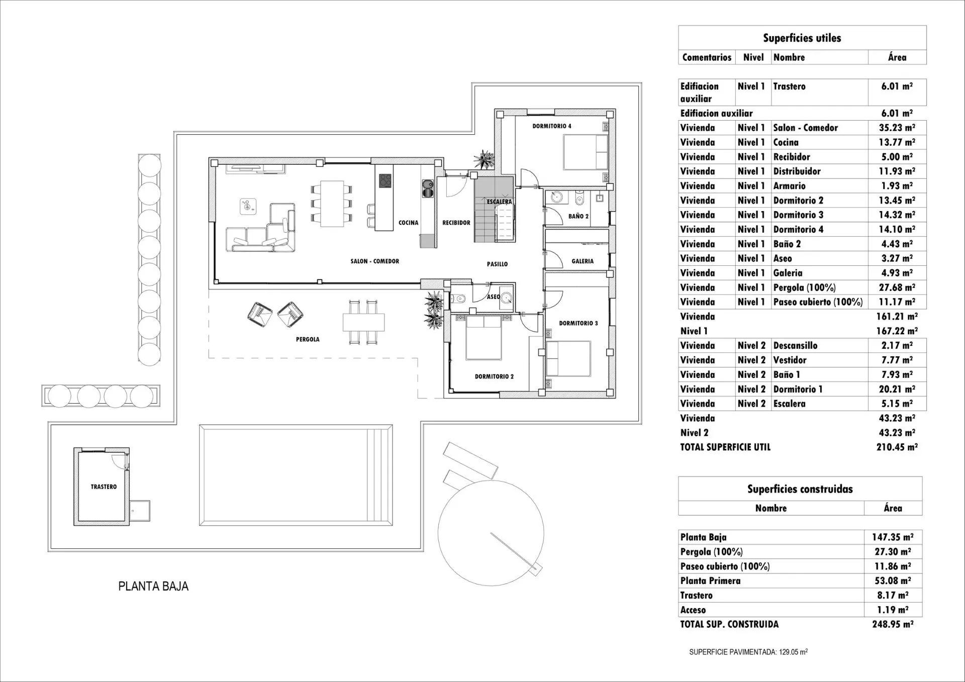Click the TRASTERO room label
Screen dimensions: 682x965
104,486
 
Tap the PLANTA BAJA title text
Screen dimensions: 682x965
153,587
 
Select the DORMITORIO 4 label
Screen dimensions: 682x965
552,126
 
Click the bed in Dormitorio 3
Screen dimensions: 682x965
568,358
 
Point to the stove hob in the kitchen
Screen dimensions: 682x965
385,180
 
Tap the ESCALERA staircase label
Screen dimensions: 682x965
499,202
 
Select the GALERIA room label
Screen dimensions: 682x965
583,261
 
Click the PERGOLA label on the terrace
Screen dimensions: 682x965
308,339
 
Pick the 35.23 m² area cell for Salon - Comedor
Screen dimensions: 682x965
897,128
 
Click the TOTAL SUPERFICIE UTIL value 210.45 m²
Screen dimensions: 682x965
897,447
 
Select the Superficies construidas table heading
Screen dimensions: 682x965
800,489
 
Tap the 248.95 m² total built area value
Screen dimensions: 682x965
893,624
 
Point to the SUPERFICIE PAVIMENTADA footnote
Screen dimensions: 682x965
748,652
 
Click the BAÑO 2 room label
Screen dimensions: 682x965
578,216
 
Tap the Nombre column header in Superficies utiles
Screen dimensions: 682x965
789,57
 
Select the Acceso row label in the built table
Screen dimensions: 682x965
693,610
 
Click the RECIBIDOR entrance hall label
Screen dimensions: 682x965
456,223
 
